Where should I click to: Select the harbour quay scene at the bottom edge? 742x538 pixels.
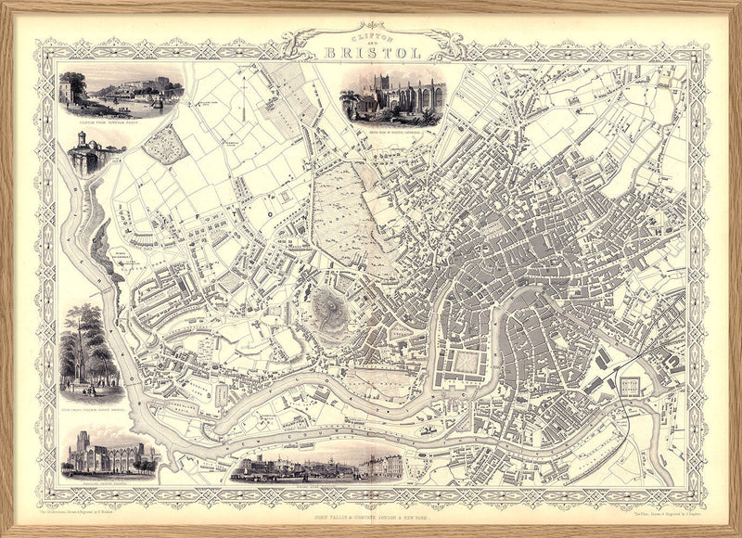pos(315,464)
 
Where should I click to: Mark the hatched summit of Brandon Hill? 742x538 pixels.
pos(326,303)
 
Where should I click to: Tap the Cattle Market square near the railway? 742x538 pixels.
pos(630,387)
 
